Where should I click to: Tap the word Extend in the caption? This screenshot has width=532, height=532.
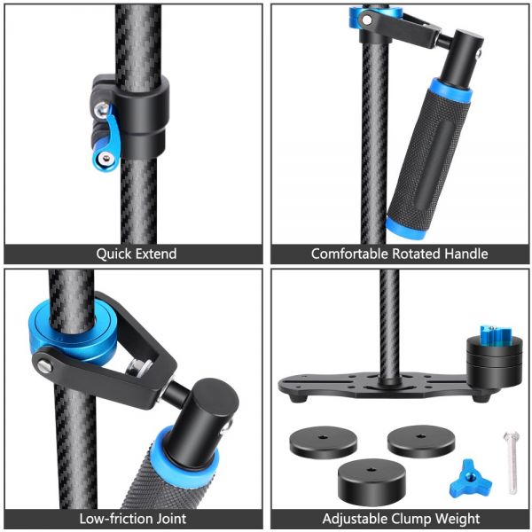pos(156,254)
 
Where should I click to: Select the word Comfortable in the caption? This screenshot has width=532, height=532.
pos(350,254)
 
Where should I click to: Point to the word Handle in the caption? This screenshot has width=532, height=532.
pos(466,254)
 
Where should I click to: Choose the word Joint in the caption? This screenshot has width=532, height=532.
pos(171,519)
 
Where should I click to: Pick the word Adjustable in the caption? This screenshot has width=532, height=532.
pos(355,519)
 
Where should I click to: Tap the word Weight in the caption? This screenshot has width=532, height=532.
pos(458,519)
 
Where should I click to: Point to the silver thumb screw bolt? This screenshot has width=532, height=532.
pos(512,462)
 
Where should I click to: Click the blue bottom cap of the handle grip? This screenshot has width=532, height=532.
pos(405,229)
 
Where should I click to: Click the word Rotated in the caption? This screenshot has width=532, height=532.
pos(417,254)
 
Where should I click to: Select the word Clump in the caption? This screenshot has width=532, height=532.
pos(411,519)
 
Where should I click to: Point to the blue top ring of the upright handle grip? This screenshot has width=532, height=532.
pos(451,90)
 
